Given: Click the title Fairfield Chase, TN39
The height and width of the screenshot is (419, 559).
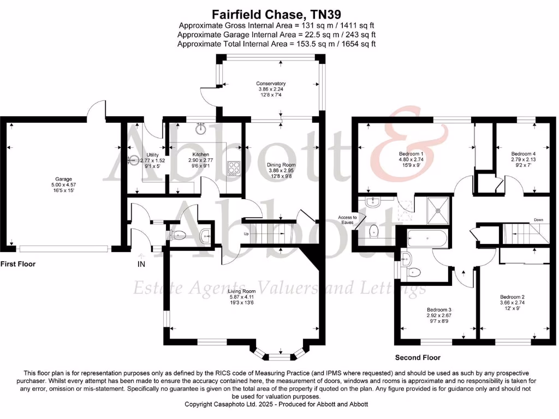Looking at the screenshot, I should click(x=279, y=14).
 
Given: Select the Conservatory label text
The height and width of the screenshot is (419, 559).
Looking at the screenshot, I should click(x=271, y=83).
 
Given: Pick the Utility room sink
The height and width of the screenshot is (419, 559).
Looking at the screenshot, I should click(x=134, y=160).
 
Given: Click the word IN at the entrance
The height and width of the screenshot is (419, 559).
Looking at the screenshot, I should click(x=141, y=264).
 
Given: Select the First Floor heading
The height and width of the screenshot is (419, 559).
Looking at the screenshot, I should click(x=18, y=264).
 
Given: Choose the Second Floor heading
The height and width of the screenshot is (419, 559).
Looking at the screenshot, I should click(x=418, y=358).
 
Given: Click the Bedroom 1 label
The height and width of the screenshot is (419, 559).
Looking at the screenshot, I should click(x=411, y=154).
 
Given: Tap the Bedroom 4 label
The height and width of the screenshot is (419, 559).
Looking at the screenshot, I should click(x=523, y=154).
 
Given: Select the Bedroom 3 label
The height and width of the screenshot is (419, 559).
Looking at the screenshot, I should click(x=439, y=309).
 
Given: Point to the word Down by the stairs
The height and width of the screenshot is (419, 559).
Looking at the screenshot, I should click(x=539, y=220).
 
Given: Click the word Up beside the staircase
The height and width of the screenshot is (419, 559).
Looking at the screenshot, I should click(x=247, y=234).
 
